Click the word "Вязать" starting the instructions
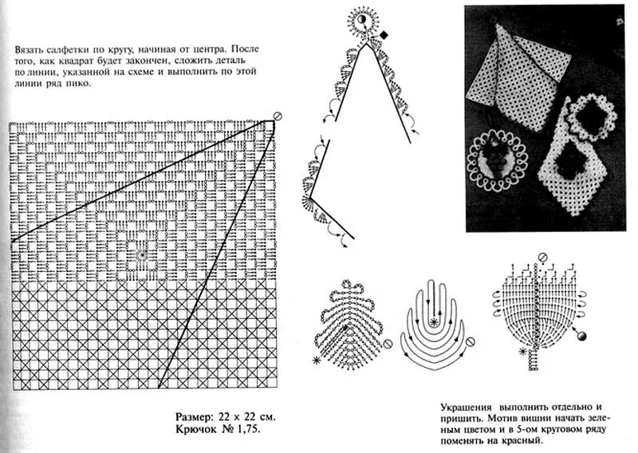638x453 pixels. click(x=28, y=49)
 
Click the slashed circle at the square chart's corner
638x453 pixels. click(x=278, y=117)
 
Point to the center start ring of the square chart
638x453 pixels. click(x=141, y=255)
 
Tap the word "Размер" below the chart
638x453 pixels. click(x=195, y=416)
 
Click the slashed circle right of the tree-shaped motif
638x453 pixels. click(x=388, y=344)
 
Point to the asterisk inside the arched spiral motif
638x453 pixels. click(x=433, y=322)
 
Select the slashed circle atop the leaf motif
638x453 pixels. click(x=543, y=258)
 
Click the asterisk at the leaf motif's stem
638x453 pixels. click(x=523, y=352)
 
